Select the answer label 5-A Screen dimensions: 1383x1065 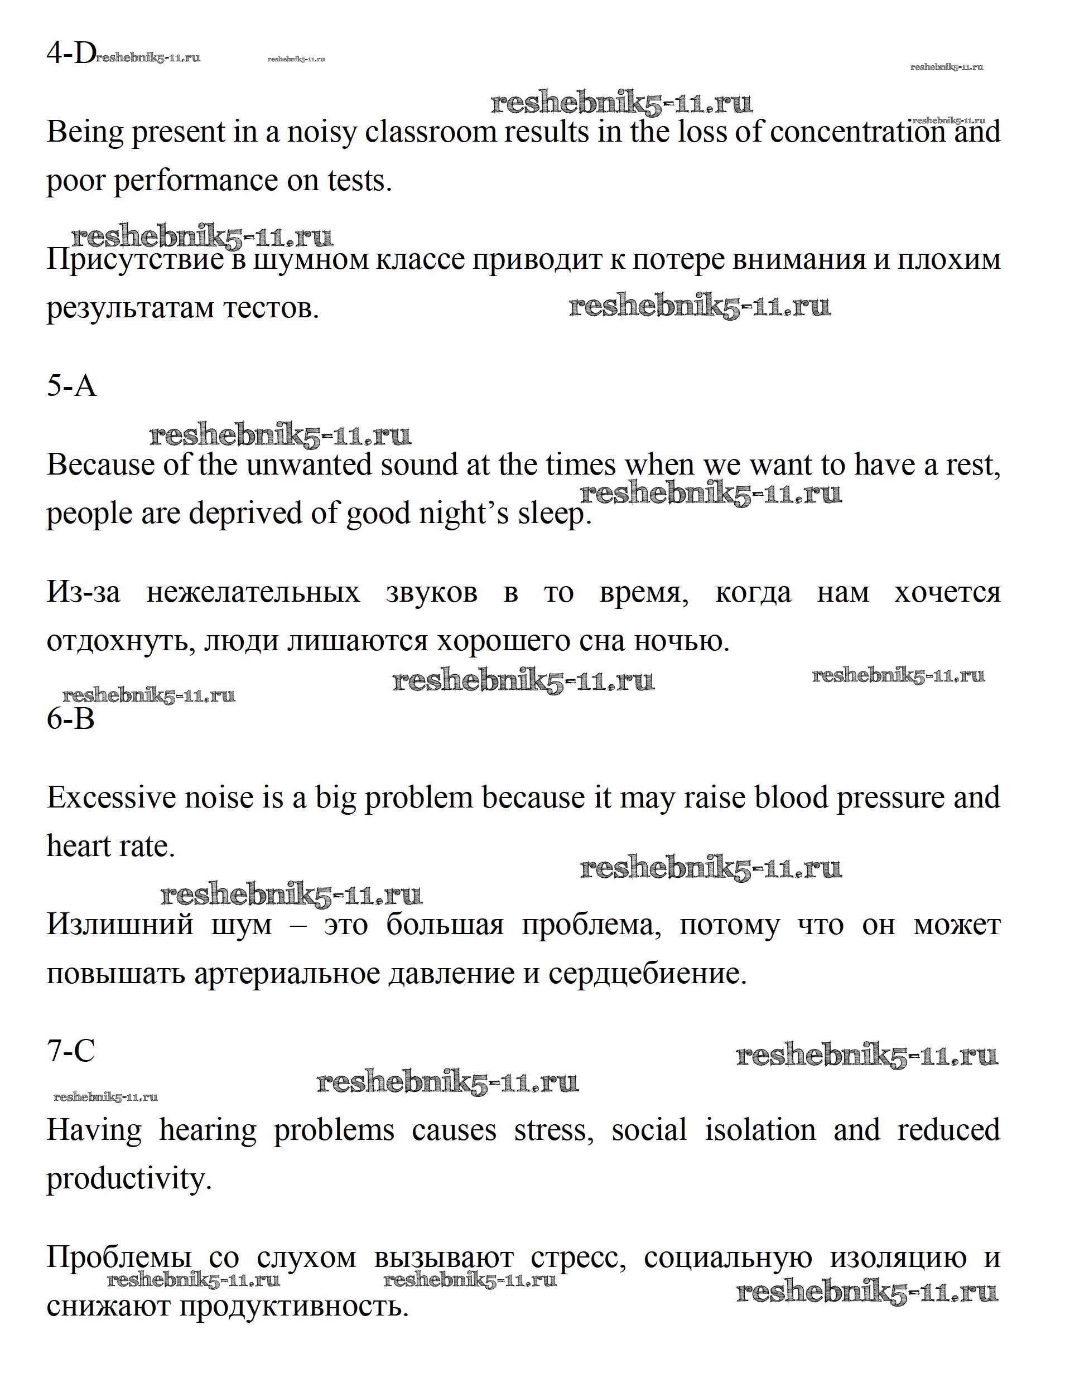pos(71,386)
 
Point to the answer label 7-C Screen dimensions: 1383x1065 pos(71,1051)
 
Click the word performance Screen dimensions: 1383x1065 pos(196,182)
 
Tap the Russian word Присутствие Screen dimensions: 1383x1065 pos(135,260)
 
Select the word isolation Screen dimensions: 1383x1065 pos(760,1130)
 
